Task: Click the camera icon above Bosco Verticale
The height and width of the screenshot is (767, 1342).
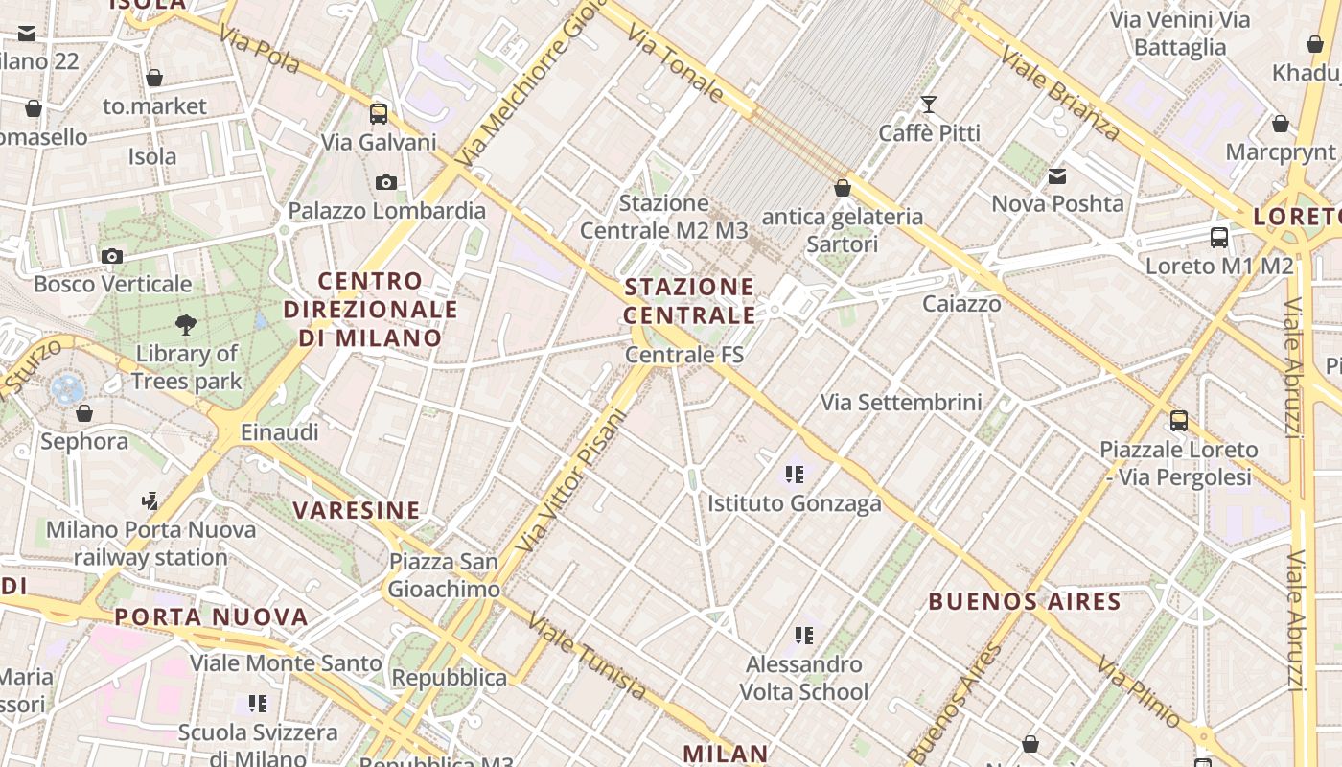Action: point(112,256)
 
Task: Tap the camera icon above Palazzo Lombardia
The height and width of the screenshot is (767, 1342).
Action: point(386,182)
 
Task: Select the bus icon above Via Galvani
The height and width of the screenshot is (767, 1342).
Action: point(379,114)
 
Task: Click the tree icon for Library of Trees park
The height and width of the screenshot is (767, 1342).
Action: point(186,325)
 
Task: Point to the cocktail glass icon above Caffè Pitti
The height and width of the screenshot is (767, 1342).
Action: point(928,104)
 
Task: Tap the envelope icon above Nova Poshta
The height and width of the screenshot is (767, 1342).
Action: point(1057,175)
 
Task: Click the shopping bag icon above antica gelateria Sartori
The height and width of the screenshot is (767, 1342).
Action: point(842,188)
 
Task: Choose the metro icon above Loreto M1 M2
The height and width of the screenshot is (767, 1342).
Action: point(1219,237)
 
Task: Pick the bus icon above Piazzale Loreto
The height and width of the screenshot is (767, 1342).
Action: point(1178,420)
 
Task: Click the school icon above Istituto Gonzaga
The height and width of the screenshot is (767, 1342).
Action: point(794,474)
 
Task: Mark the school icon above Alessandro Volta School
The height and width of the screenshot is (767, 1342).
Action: point(804,635)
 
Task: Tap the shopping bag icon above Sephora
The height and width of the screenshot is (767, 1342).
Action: point(84,413)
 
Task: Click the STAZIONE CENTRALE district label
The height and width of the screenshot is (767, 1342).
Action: point(689,300)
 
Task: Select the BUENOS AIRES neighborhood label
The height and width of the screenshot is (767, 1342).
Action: point(1025,602)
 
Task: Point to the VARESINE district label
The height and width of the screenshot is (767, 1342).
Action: point(357,510)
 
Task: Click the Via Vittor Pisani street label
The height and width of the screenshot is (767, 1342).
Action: point(570,480)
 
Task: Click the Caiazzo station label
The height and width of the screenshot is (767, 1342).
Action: point(961,304)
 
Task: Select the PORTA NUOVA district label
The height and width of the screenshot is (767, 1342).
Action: point(212,616)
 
